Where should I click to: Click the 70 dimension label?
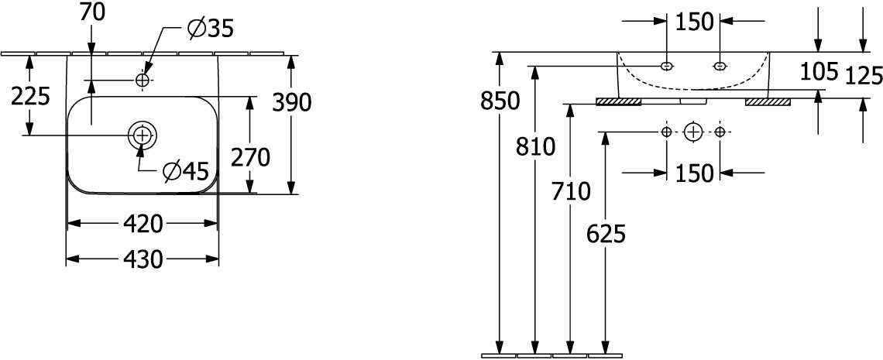coord(92,13)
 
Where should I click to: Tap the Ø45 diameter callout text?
coord(185,170)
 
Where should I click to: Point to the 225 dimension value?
coord(31,96)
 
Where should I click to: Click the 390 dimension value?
coord(292,102)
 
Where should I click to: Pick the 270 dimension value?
coord(251,158)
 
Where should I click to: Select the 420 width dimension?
coord(143,225)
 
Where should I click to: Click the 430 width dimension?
coord(143,259)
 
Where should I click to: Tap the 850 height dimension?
coord(500,101)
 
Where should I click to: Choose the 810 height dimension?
coord(535,147)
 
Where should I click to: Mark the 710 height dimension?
coord(571,192)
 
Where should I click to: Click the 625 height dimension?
coord(606,234)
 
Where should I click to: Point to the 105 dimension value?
coord(819,71)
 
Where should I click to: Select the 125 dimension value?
coord(864,75)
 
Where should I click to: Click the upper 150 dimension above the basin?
coord(694,22)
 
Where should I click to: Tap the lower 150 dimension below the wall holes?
coord(694,173)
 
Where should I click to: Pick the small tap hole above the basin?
coord(143,81)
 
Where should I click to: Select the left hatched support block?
coord(619,102)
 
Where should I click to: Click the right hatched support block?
coord(768,102)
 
